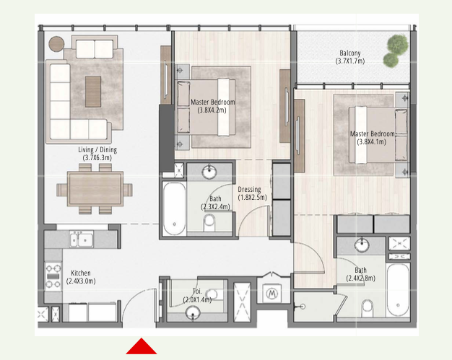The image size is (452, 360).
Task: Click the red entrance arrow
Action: pos(142,346)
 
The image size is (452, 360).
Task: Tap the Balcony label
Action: pos(350,53)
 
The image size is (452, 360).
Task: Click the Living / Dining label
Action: pos(97,150)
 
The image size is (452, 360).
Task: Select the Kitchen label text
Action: pos(81,273)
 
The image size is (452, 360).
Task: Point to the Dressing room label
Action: pos(249,190)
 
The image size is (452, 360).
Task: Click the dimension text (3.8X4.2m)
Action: pos(212,110)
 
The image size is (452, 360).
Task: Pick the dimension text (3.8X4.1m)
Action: pos(371,141)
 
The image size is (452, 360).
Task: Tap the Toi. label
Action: pos(197,291)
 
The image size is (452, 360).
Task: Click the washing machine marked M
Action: pos(271,294)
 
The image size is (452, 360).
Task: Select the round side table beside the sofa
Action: pos(56,44)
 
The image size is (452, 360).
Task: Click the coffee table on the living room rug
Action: pos(93,92)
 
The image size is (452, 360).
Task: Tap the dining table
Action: pos(95,188)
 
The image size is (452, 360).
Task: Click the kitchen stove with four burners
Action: pos(53,276)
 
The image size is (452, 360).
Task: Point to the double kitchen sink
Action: pos(82,240)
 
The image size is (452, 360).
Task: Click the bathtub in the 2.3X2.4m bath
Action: pos(174,208)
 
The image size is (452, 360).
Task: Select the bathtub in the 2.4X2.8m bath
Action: pos(398,290)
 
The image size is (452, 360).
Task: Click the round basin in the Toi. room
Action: pos(193,312)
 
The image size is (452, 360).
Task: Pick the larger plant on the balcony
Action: pos(398,44)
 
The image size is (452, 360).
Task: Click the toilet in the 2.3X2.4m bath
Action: pos(209,223)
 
